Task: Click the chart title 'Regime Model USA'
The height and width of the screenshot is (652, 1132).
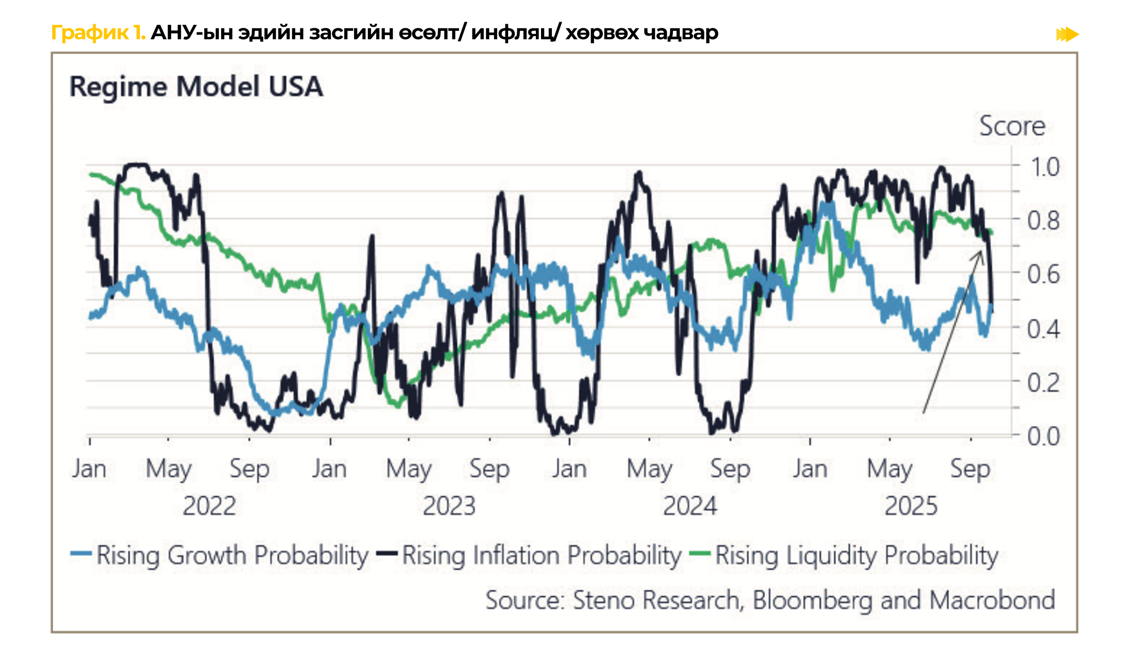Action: tap(196, 86)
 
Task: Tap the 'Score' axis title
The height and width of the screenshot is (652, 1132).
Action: tap(1012, 126)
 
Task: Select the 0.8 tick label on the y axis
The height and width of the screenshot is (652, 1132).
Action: tap(1043, 220)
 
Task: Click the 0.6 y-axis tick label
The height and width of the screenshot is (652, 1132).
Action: tap(1043, 274)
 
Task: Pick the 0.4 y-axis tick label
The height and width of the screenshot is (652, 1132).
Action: tap(1043, 329)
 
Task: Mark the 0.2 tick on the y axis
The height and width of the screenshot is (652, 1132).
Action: tap(1043, 383)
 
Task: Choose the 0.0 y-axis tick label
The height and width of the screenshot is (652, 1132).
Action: tap(1043, 436)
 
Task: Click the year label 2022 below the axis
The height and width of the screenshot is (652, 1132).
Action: tap(209, 506)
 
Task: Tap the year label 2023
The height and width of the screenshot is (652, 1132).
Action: tap(449, 506)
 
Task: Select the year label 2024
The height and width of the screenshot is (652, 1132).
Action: tap(689, 506)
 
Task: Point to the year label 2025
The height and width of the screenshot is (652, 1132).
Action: tap(911, 506)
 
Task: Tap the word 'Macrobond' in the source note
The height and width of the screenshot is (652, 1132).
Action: tap(992, 600)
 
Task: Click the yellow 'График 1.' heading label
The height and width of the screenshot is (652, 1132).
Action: tap(98, 32)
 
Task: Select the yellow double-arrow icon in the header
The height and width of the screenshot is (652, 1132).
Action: tap(1067, 35)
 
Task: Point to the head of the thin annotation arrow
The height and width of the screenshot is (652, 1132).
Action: tap(981, 251)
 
